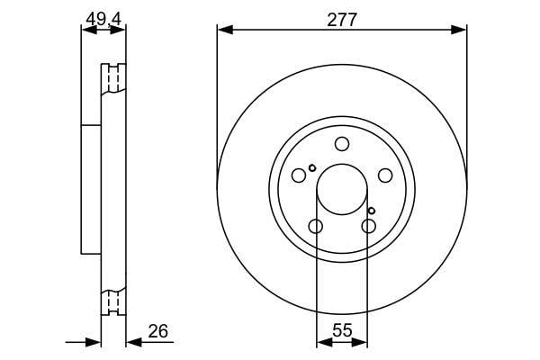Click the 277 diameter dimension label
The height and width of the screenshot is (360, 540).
(342, 20)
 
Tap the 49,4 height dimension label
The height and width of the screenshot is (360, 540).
(103, 19)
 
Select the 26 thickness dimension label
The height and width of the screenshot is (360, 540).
(157, 331)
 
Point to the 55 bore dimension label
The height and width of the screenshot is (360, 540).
(342, 330)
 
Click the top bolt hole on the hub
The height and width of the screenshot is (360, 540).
(342, 144)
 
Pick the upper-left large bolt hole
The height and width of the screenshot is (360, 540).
(299, 175)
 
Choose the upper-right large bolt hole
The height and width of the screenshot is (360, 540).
(385, 175)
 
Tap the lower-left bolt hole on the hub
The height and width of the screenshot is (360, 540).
(316, 226)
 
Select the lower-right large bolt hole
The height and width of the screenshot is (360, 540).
(368, 226)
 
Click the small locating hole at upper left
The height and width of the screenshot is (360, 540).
(312, 168)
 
